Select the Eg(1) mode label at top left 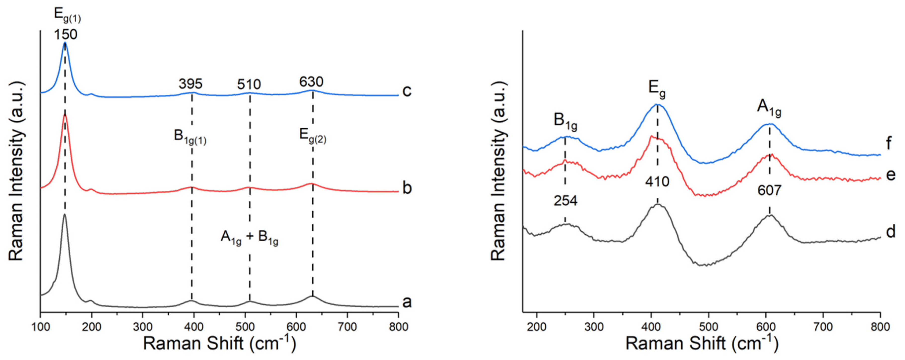67,15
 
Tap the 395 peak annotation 190,84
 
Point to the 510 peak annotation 249,85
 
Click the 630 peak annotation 311,82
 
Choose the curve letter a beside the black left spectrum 407,302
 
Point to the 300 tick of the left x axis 142,327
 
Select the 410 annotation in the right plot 657,182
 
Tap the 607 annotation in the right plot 769,191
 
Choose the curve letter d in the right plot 890,232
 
